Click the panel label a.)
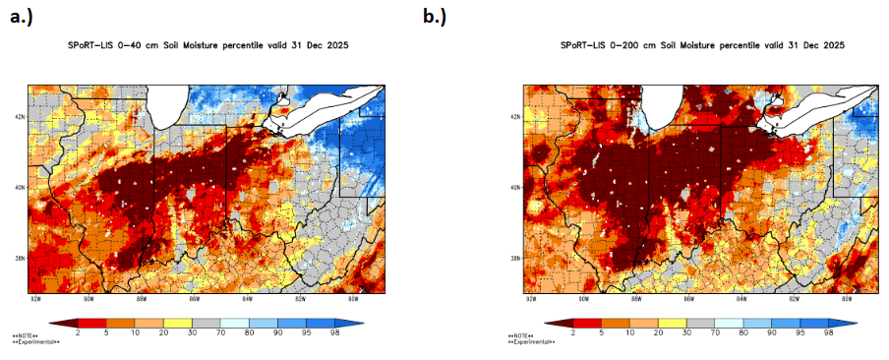coord(23,17)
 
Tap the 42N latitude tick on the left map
coord(21,116)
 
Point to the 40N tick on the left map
coord(21,187)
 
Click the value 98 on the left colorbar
coord(336,333)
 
